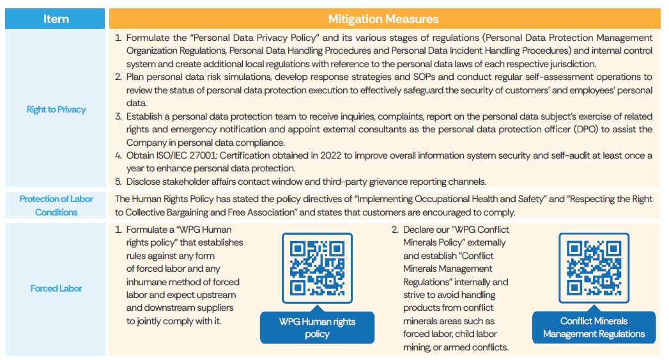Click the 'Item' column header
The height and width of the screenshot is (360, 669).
click(56, 19)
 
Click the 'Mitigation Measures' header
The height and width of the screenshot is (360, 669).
click(383, 19)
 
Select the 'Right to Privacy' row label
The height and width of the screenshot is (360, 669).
click(56, 109)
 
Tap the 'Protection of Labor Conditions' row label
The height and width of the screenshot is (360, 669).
click(56, 205)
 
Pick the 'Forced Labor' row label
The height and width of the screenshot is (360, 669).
click(56, 288)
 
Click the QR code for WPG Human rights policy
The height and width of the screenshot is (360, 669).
click(317, 268)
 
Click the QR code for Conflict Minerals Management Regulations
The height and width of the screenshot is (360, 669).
click(594, 268)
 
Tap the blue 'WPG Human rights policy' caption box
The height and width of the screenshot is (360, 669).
click(317, 327)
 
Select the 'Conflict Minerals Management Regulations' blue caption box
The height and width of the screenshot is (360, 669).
click(594, 327)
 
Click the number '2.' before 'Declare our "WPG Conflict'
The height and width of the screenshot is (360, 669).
click(396, 230)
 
